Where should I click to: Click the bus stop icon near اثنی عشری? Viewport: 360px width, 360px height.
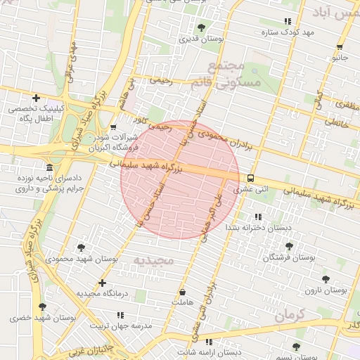tap(251, 178)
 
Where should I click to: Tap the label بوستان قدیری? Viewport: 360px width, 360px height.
tap(202, 40)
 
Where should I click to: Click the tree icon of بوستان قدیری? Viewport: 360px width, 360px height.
tap(201, 27)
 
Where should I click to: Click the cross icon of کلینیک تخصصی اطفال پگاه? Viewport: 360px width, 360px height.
tap(36, 98)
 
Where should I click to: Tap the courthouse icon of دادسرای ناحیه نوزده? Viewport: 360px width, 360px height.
tap(49, 168)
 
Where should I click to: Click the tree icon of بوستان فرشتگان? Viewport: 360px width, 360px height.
tap(289, 246)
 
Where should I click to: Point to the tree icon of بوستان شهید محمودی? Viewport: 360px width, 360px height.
tap(82, 247)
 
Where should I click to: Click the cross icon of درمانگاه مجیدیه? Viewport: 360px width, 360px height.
tap(103, 283)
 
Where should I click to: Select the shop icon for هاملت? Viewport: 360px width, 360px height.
tap(183, 291)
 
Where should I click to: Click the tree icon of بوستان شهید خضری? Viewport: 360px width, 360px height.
tap(42, 307)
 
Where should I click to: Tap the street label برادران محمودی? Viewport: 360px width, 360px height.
tap(229, 137)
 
